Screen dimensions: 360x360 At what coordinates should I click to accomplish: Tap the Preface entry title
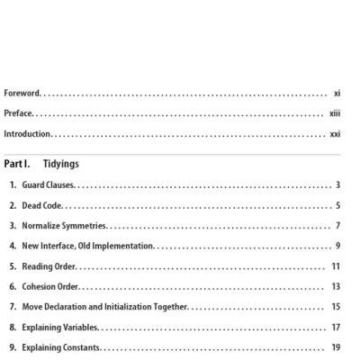pos(19,113)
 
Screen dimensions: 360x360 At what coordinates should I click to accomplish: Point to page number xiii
pos(335,113)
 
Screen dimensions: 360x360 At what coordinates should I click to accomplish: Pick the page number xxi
pos(335,134)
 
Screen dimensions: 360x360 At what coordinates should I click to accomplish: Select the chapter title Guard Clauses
pos(49,185)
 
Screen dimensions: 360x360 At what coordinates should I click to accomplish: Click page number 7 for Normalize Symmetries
pos(337,225)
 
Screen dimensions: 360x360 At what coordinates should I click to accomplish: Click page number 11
pos(336,266)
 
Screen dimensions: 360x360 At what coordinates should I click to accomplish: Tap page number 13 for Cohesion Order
pos(336,286)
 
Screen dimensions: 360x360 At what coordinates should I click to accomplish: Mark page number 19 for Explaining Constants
pos(336,347)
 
